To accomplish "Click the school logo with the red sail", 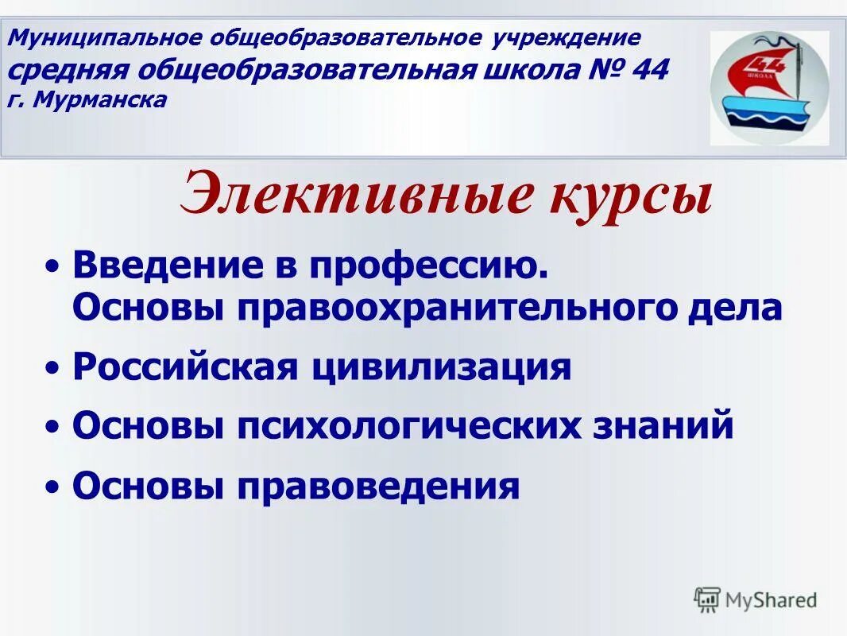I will coord(768,88).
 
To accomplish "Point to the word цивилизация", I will coord(442,368).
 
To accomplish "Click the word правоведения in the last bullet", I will coord(378,486).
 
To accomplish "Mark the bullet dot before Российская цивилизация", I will coord(52,369).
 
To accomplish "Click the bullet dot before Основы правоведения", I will coord(52,487).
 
